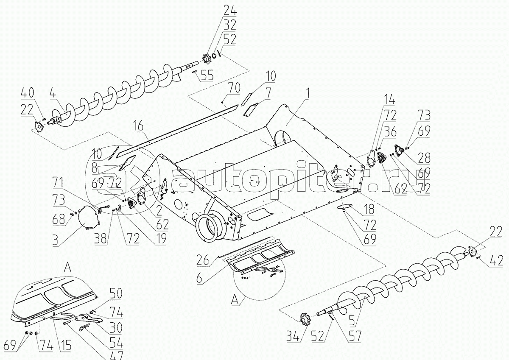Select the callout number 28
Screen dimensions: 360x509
424,158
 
